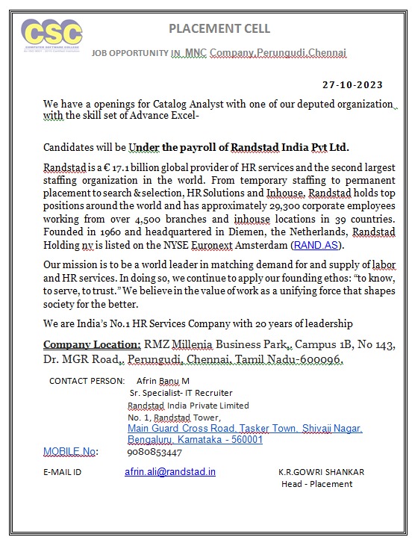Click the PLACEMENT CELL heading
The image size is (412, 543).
point(219,29)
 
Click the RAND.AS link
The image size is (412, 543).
point(316,244)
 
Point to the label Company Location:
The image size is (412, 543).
point(92,344)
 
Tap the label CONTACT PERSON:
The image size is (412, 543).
point(87,381)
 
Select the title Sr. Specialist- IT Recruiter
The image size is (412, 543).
point(181,393)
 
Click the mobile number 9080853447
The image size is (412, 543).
point(154,453)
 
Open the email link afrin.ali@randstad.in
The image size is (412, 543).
point(170,472)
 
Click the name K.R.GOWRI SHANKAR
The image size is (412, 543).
point(322,472)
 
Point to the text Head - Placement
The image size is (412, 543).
point(316,484)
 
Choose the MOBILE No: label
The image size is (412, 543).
point(70,452)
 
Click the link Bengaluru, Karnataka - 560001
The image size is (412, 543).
point(195,440)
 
